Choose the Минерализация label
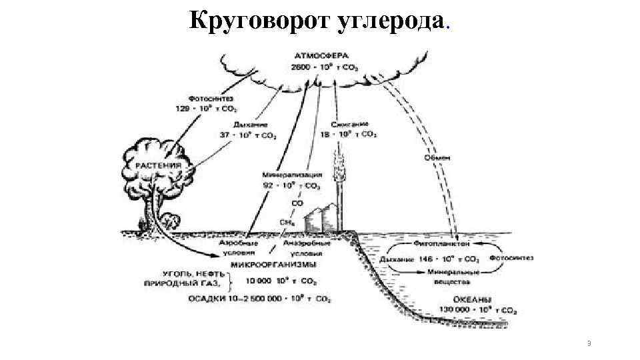(x=291, y=175)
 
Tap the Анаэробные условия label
(x=303, y=249)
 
